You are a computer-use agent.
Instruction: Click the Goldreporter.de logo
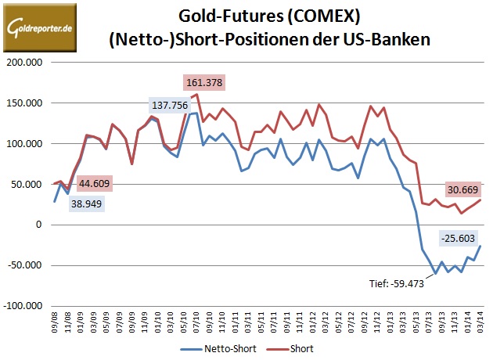40,29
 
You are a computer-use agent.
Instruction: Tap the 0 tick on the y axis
43,225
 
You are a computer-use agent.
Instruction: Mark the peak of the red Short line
196,95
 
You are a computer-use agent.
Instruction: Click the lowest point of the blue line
435,273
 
